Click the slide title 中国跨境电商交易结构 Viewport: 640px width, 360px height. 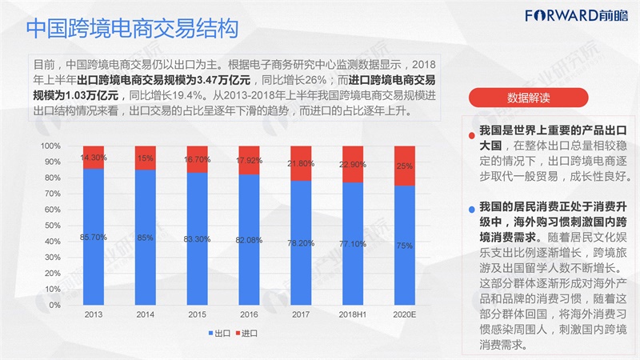click(132, 28)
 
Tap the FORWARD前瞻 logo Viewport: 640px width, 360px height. click(576, 16)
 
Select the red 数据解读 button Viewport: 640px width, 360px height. click(528, 98)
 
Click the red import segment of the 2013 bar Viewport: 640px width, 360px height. click(94, 157)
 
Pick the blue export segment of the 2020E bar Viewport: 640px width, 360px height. click(405, 246)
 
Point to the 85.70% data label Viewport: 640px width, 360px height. click(94, 237)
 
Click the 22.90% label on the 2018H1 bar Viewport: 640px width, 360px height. click(353, 165)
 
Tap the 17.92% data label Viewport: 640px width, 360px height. click(249, 161)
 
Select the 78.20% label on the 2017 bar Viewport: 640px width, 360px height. click(301, 243)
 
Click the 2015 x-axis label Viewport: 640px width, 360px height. click(197, 314)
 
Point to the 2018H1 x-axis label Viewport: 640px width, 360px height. click(353, 314)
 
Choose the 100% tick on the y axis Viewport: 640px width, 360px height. click(50, 146)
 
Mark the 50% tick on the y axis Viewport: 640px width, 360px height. click(52, 226)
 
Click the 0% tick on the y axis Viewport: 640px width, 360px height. click(54, 305)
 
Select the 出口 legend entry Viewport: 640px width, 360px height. click(219, 334)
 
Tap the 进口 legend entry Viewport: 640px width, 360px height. click(246, 334)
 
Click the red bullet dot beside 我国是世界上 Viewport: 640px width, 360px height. click(472, 135)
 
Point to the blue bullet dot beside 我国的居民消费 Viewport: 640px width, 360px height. click(472, 210)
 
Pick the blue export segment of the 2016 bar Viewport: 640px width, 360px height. click(249, 239)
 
